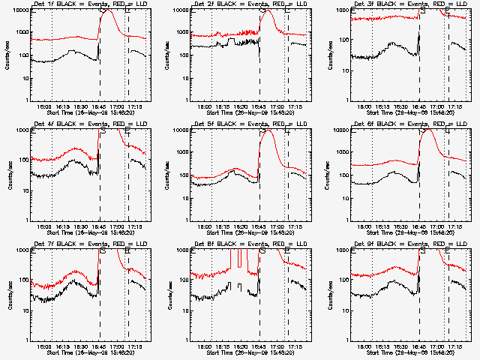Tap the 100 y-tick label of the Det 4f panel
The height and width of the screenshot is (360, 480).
[21, 160]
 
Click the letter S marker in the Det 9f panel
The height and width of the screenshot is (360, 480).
[423, 251]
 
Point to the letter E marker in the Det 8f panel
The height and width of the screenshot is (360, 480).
[287, 251]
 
